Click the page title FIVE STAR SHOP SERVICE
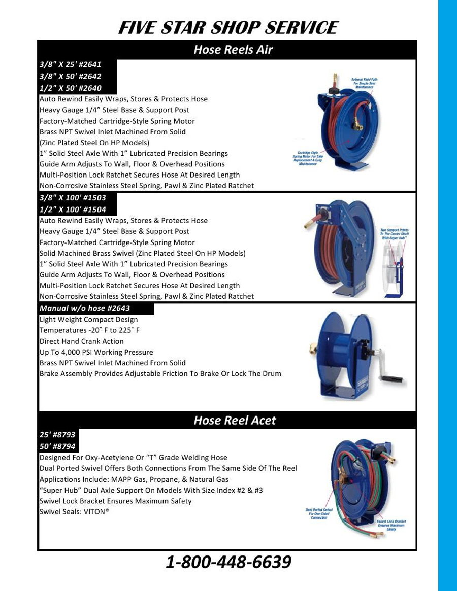tap(227, 27)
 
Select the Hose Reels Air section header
tap(233, 50)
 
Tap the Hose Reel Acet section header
tap(235, 420)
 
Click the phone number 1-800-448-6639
tap(228, 562)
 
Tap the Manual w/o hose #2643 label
tap(85, 308)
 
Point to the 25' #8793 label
tap(57, 435)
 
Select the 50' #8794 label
tap(57, 446)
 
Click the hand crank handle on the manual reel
tap(394, 378)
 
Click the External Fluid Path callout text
tap(364, 83)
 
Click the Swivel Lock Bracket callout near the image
tap(391, 525)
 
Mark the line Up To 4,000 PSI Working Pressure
tap(96, 352)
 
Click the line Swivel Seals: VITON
tap(75, 512)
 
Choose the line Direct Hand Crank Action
tap(82, 341)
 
